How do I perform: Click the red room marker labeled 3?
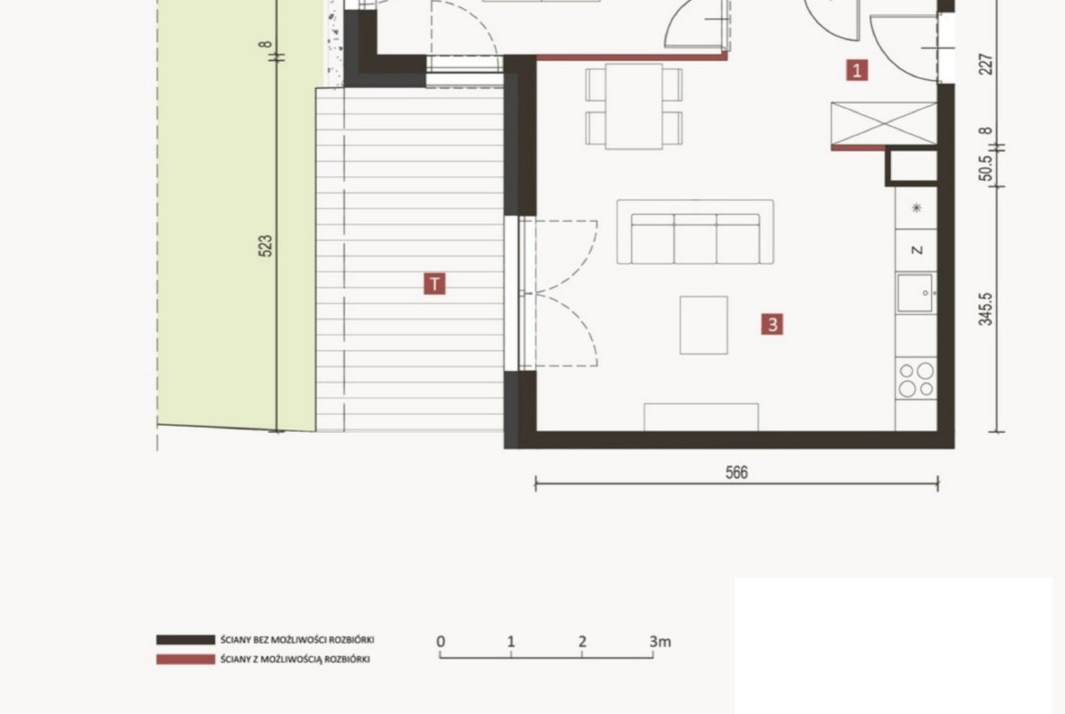(772, 325)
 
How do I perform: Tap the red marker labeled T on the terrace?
(435, 284)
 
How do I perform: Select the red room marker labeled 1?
(857, 70)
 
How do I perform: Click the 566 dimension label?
(736, 472)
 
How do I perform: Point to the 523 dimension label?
(266, 245)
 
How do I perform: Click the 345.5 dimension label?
(986, 309)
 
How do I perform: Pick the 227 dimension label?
(986, 65)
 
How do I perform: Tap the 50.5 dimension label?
(986, 168)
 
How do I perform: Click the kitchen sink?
(916, 293)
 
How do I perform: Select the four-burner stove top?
(916, 379)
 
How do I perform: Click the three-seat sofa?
(695, 232)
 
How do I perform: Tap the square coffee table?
(704, 325)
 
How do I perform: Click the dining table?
(634, 106)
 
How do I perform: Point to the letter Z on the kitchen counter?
(917, 250)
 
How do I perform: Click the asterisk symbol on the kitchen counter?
(917, 207)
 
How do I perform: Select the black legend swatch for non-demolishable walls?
(186, 640)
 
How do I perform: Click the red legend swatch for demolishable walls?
(186, 659)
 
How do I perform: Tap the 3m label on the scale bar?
(660, 641)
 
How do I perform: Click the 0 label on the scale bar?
(441, 641)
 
